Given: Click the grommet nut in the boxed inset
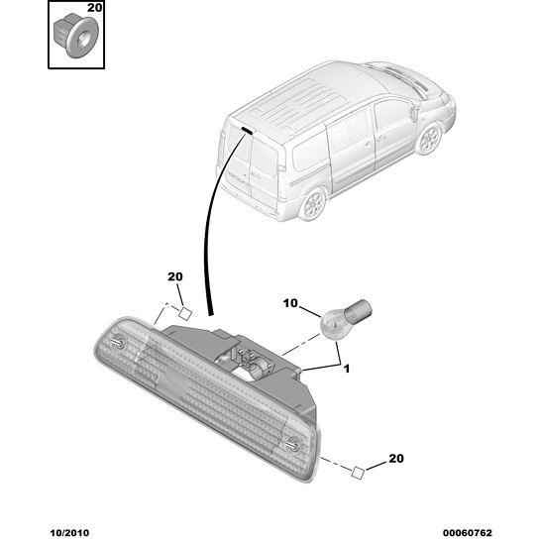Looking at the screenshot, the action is (x=75, y=35).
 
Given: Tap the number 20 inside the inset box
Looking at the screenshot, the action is (x=94, y=8).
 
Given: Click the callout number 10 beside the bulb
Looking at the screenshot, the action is (x=290, y=303).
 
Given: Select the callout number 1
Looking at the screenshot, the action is (x=347, y=369).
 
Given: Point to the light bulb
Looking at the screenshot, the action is (x=346, y=317).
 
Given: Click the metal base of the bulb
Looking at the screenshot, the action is (x=359, y=309).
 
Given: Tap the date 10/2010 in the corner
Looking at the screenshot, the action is (x=69, y=533).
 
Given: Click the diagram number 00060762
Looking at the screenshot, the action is (x=468, y=533).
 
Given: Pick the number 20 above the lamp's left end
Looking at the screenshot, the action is (x=175, y=276).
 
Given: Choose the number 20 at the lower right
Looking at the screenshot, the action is (x=396, y=459).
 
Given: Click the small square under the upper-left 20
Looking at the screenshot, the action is (x=185, y=314).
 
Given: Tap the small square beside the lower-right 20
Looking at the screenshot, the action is (x=358, y=473).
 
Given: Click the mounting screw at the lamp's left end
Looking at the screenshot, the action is (x=119, y=342).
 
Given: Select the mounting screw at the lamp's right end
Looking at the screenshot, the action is (x=293, y=446).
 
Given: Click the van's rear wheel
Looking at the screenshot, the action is (x=314, y=204).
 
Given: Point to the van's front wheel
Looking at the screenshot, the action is (x=429, y=139).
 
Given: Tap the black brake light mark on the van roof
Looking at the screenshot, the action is (x=248, y=130).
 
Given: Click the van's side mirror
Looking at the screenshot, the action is (x=414, y=113).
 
